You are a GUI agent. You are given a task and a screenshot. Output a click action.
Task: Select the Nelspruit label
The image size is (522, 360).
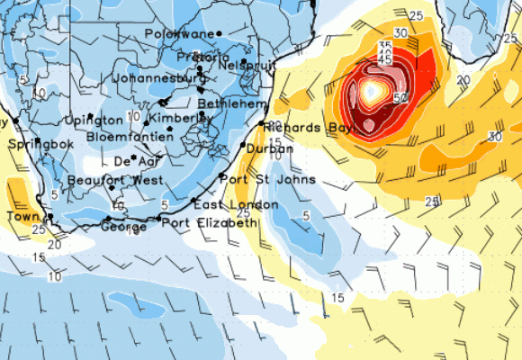coord(245,67)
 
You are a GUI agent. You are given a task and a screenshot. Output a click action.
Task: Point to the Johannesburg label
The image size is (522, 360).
coord(158,78)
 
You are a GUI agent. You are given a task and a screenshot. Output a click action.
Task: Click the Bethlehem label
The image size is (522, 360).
coord(238,104)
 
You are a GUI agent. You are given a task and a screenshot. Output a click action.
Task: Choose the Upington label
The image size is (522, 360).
coord(94,121)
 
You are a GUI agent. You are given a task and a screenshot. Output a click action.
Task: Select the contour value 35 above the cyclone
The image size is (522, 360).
coord(385,46)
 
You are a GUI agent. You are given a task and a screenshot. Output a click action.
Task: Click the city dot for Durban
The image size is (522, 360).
coord(243,143)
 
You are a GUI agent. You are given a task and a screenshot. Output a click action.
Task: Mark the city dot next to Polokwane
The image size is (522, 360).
coord(219,34)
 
